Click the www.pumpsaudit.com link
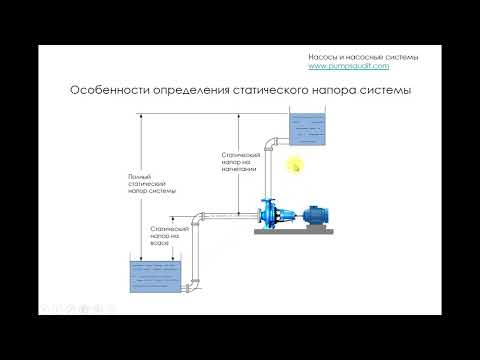(347, 66)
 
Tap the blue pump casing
(269, 213)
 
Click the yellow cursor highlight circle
(294, 165)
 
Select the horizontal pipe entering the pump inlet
(228, 214)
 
